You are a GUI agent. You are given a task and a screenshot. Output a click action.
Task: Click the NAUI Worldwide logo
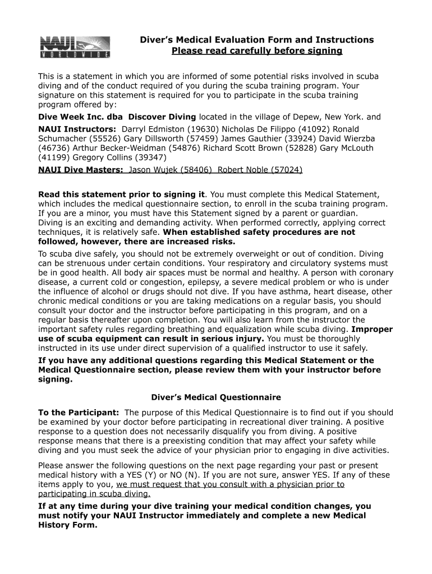pos(74,47)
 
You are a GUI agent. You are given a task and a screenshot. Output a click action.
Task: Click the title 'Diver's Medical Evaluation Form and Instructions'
pos(256,40)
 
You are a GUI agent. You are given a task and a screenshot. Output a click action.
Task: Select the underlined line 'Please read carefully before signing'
pos(256,51)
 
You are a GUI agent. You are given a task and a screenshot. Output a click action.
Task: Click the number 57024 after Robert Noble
pos(287,169)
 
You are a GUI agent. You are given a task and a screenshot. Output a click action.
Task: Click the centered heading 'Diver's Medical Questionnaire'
pos(216,397)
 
